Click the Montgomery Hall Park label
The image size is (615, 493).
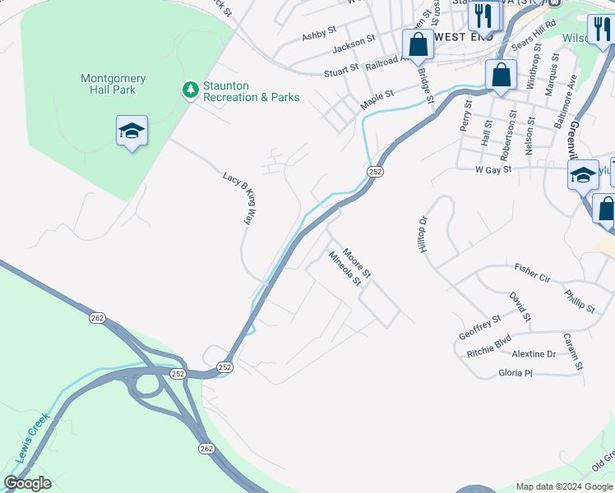(x=113, y=84)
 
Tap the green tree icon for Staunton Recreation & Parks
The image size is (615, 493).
(x=190, y=89)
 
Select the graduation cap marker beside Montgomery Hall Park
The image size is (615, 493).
(x=132, y=131)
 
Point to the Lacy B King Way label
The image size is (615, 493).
(x=239, y=198)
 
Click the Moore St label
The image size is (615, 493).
(x=358, y=262)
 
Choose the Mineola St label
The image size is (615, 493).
(x=345, y=269)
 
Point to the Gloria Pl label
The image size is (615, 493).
(x=516, y=373)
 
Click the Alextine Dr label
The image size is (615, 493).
(x=534, y=354)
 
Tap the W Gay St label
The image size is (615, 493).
(x=493, y=169)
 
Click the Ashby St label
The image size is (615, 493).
(x=319, y=34)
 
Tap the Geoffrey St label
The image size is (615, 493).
(x=480, y=327)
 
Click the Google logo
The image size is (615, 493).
(x=27, y=483)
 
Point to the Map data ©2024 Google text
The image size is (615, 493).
(x=564, y=486)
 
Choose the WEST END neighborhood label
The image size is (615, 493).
(x=463, y=37)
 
